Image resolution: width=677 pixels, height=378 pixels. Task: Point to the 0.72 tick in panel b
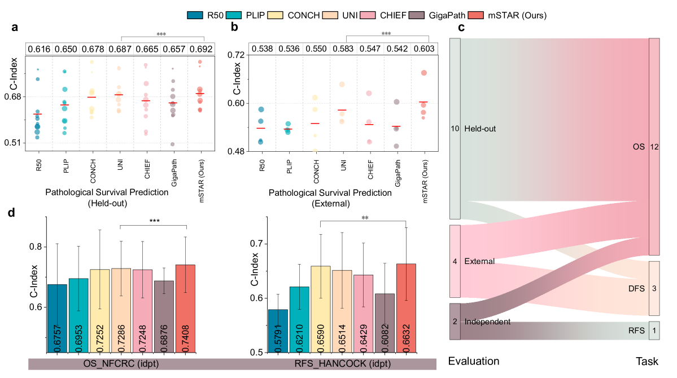point(237,55)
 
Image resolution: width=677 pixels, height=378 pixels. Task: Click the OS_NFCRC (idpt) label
point(121,363)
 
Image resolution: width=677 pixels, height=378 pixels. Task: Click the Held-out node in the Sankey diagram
point(455,129)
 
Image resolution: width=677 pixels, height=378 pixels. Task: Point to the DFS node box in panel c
point(654,288)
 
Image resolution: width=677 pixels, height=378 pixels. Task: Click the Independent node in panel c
point(455,322)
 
